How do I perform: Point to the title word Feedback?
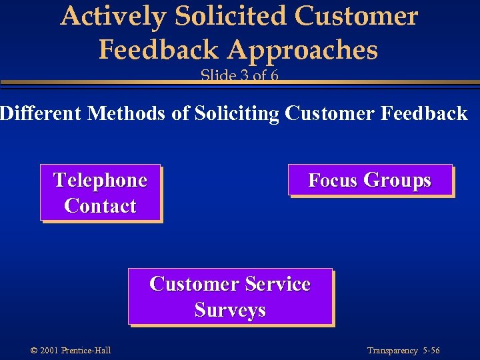pos(158,49)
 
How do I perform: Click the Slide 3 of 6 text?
pos(239,75)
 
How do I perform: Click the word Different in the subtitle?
pos(41,114)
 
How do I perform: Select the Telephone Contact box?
pos(101,193)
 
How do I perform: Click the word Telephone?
pos(100,180)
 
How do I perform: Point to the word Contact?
pos(100,206)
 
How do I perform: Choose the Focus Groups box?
pos(370,180)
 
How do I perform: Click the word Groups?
pos(398,180)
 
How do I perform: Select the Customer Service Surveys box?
pos(230,297)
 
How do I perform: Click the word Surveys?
pos(230,310)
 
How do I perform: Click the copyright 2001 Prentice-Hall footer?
pos(71,351)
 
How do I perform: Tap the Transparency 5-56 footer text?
pos(403,351)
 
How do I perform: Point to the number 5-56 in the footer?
pos(431,351)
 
